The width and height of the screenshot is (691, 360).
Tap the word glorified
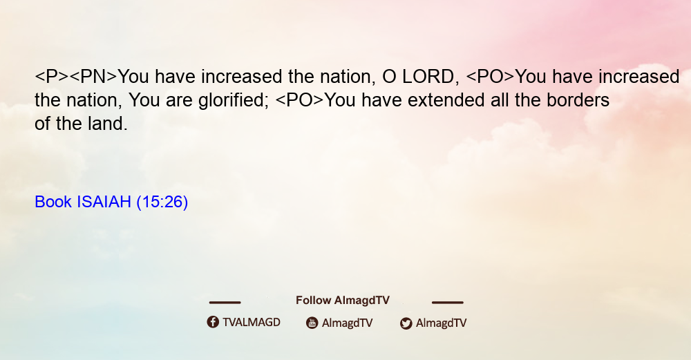(x=233, y=100)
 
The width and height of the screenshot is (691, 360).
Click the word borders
(x=578, y=100)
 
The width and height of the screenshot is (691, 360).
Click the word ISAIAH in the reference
(x=104, y=202)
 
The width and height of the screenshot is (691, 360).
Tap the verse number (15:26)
(x=162, y=202)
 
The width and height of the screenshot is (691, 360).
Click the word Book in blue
(x=53, y=202)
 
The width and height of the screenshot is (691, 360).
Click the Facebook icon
(x=213, y=322)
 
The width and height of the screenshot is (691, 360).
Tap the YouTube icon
(x=312, y=323)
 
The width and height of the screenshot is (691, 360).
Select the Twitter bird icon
(x=406, y=323)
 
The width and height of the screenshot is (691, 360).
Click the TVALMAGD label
(x=252, y=323)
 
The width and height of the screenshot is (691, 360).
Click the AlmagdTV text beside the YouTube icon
(x=348, y=323)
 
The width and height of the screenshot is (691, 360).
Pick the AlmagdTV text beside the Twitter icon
(x=441, y=323)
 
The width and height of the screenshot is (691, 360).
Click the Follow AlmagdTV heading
(x=343, y=301)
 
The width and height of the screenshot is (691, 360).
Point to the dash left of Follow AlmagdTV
(x=225, y=302)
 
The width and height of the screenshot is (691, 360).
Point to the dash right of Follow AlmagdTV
(x=448, y=302)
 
